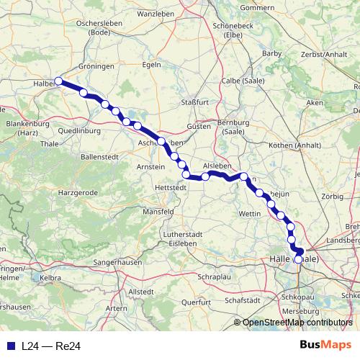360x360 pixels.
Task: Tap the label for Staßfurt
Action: click(x=194, y=103)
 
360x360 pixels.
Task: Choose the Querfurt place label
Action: click(x=195, y=302)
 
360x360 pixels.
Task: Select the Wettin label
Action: click(x=249, y=214)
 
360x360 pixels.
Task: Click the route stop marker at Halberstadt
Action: click(x=58, y=81)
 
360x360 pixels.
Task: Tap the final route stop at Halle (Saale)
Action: click(x=299, y=259)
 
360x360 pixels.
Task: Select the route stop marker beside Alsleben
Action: click(x=205, y=176)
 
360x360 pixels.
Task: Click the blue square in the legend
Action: click(x=8, y=346)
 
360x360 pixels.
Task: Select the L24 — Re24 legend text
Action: click(x=50, y=346)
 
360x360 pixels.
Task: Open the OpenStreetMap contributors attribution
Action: click(x=297, y=323)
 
